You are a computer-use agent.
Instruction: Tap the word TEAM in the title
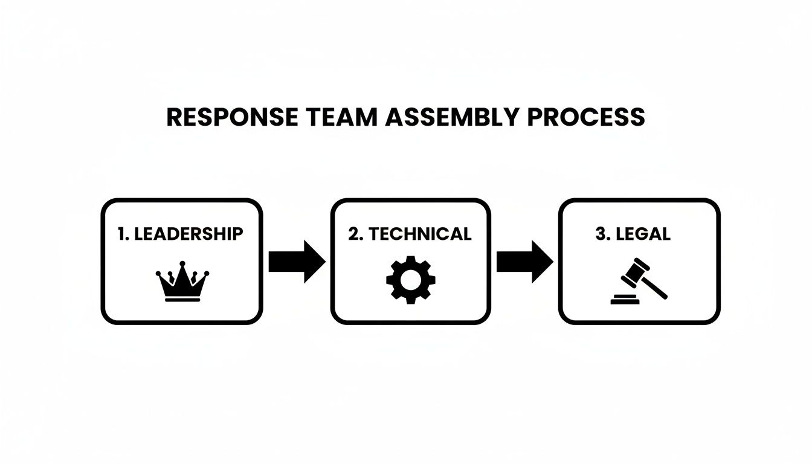tap(341, 117)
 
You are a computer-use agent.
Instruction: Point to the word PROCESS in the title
tap(586, 117)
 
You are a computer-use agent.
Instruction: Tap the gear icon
tap(410, 279)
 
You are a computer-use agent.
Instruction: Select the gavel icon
tap(639, 282)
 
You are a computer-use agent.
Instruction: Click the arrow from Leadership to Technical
tap(296, 262)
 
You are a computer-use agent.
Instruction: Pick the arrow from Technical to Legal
tap(524, 262)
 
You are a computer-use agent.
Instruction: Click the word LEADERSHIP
tap(188, 234)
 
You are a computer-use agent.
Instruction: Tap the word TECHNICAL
tap(420, 234)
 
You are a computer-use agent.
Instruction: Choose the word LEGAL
tap(642, 234)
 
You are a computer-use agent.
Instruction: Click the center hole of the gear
tap(410, 279)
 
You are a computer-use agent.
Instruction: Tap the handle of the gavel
tap(655, 289)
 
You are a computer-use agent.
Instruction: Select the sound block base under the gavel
tap(625, 300)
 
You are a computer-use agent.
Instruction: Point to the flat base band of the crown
tap(182, 299)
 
